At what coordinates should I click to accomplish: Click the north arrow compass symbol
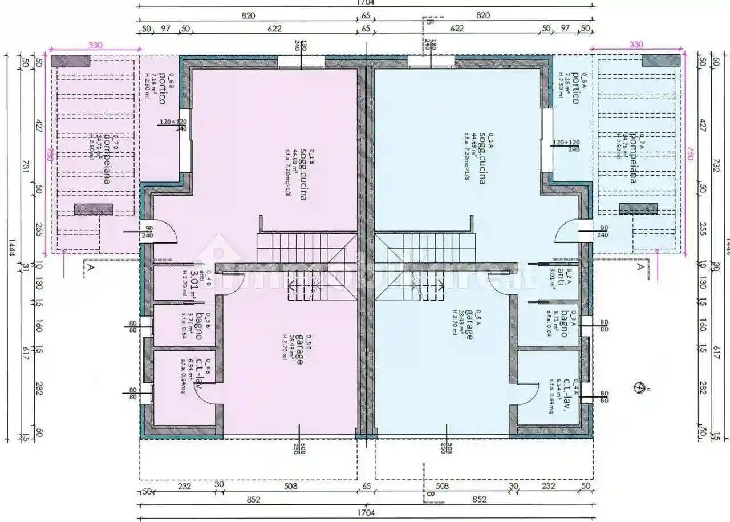(x=639, y=387)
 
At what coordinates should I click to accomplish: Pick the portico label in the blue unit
(x=575, y=88)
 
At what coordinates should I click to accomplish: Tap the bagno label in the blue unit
(x=563, y=324)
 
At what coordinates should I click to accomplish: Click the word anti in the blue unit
(x=561, y=274)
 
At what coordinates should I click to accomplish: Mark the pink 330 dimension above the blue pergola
(x=636, y=44)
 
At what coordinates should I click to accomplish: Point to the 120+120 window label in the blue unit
(x=566, y=142)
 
